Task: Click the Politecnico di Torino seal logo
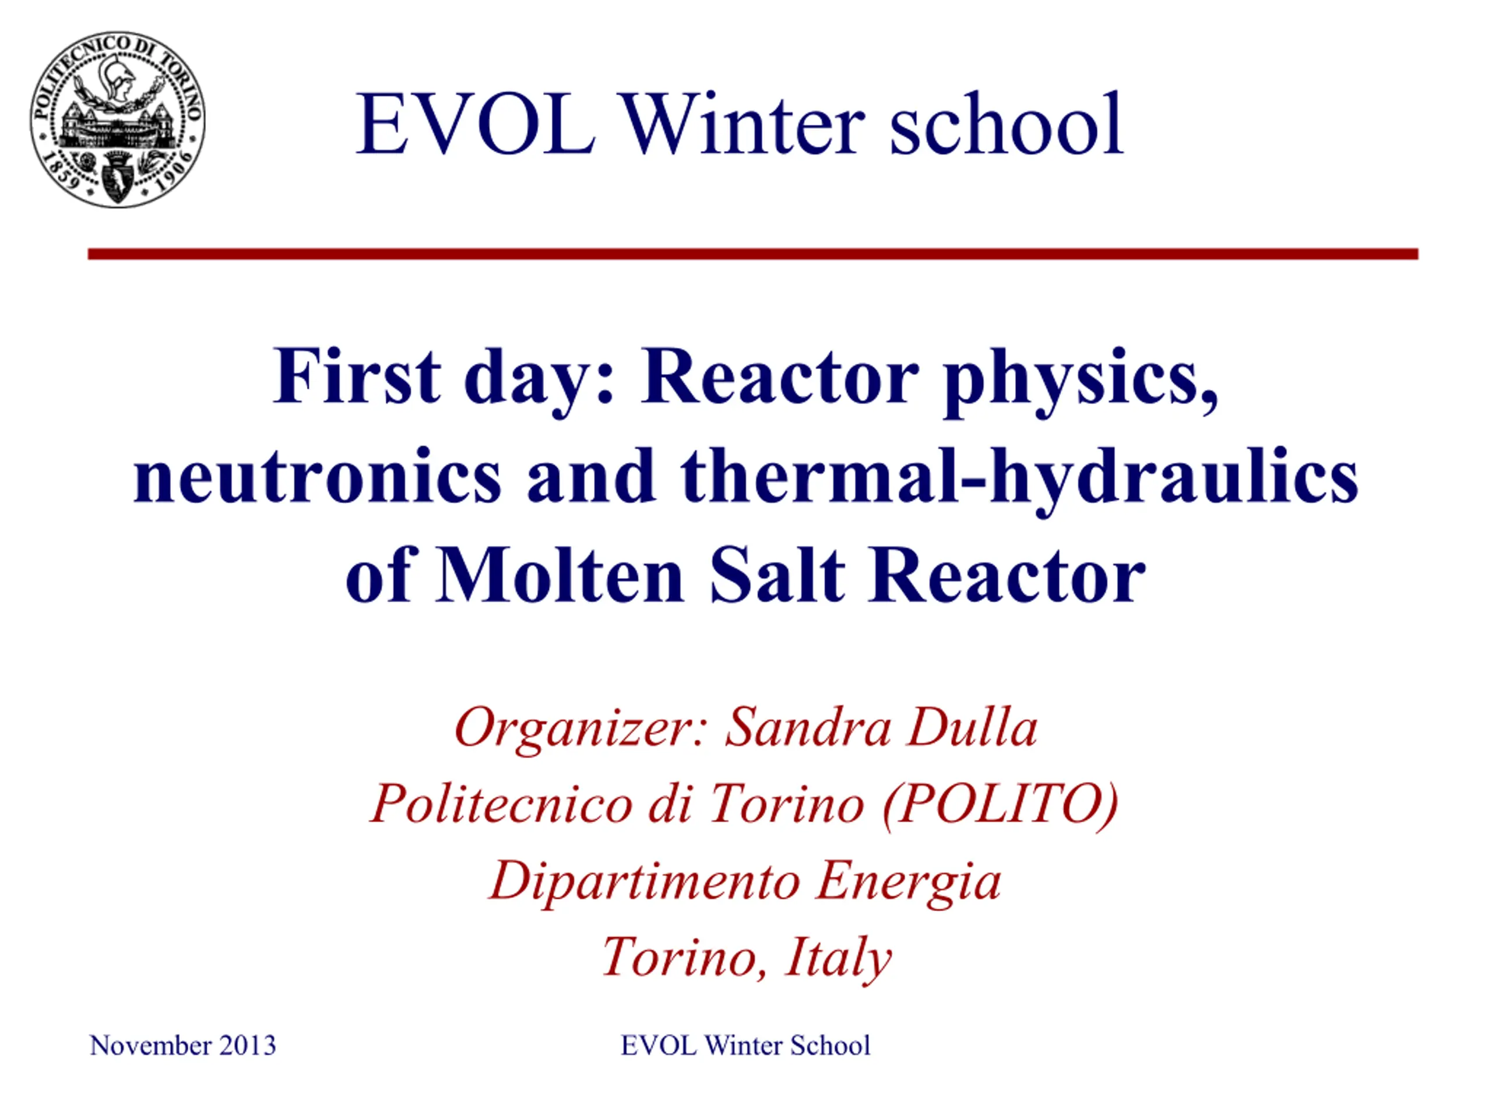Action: [x=117, y=119]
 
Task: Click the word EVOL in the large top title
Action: [x=476, y=124]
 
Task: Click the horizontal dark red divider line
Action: [x=753, y=254]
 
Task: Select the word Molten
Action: [x=560, y=575]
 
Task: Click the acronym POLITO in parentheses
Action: [x=1001, y=804]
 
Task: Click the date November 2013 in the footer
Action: [x=183, y=1046]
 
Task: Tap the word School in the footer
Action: [x=831, y=1046]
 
